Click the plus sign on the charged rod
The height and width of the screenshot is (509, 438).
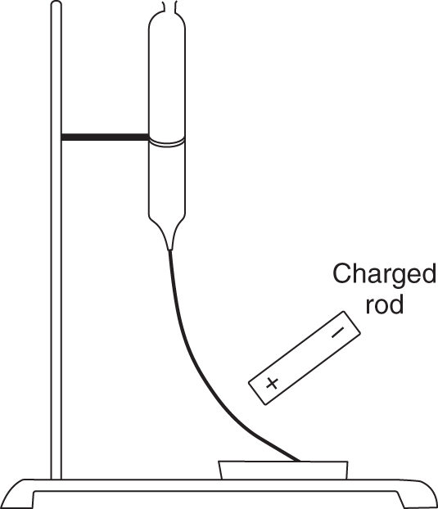(272, 383)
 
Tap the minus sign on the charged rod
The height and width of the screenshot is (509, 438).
(337, 333)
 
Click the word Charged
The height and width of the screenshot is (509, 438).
(385, 274)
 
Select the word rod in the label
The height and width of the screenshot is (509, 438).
(385, 304)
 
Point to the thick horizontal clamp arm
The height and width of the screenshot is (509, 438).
(105, 137)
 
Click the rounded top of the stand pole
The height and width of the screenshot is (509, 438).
(56, 4)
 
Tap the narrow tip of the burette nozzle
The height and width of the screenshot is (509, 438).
(170, 248)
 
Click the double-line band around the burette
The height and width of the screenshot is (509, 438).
(167, 142)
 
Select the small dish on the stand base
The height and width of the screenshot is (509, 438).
(283, 470)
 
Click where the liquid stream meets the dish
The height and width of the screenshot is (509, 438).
(298, 460)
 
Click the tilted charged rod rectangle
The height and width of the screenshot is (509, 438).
(305, 358)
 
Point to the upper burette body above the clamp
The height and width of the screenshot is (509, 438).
(167, 78)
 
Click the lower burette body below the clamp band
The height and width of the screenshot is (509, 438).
(167, 180)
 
